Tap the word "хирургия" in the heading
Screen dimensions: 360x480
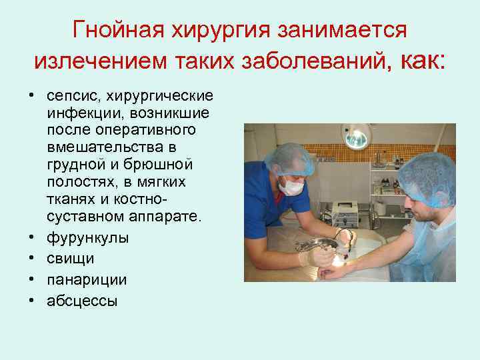coord(211,30)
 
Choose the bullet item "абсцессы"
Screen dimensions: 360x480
coord(82,301)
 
